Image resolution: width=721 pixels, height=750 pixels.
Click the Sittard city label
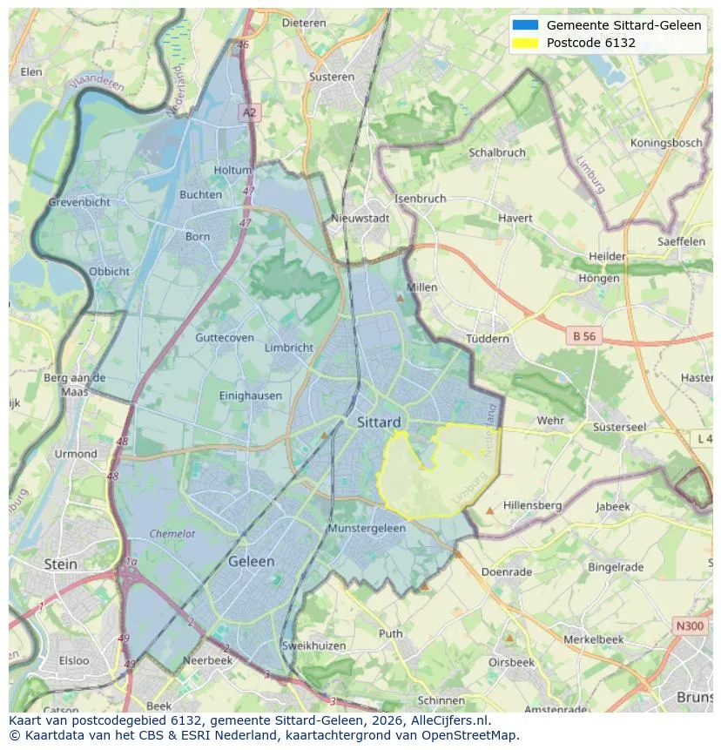coord(379,422)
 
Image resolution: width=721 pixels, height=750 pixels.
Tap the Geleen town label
coord(251,562)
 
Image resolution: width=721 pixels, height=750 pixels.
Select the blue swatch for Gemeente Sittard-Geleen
coord(526,25)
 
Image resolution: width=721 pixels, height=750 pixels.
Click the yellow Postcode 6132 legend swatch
coord(526,43)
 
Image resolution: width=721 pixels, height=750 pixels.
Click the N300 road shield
coord(691,626)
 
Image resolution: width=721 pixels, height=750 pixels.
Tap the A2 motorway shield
coord(250,112)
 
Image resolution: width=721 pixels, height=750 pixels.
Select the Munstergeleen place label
coord(367,529)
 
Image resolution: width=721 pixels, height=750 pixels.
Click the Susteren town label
coord(332,77)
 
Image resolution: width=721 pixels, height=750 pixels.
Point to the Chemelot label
coord(172,534)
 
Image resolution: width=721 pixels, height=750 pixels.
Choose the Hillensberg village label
coord(532,505)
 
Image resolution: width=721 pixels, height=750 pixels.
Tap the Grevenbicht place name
coord(79,202)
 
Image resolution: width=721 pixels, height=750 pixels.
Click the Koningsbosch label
coord(666,143)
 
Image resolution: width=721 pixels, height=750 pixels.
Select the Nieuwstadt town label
coord(360,219)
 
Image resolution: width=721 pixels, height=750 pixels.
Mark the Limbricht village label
coord(288,348)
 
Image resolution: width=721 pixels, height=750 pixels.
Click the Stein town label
coord(61,564)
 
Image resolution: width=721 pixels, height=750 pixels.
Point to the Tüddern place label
coord(487,339)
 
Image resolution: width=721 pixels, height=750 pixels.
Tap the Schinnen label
coord(441,700)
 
